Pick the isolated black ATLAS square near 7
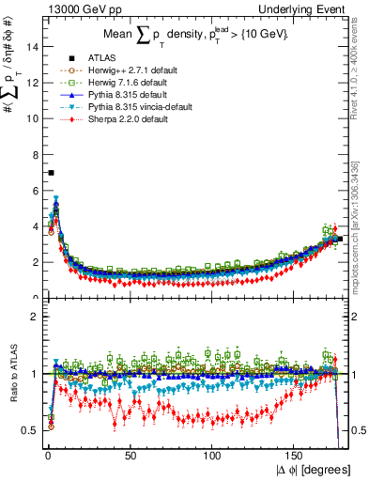(x=51, y=173)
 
